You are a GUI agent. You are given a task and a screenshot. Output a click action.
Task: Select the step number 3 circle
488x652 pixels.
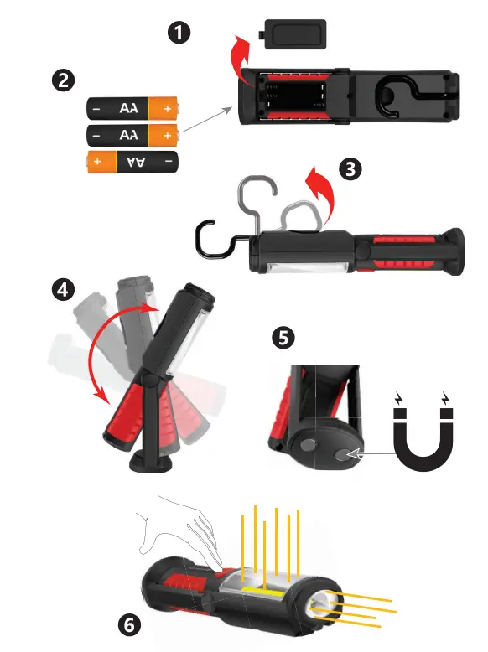point(350,168)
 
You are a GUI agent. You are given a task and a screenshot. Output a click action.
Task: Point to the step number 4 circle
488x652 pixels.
point(62,290)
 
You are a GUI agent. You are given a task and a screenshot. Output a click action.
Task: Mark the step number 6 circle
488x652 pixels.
point(127,624)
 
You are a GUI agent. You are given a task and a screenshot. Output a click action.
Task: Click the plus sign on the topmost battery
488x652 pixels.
point(167,109)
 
